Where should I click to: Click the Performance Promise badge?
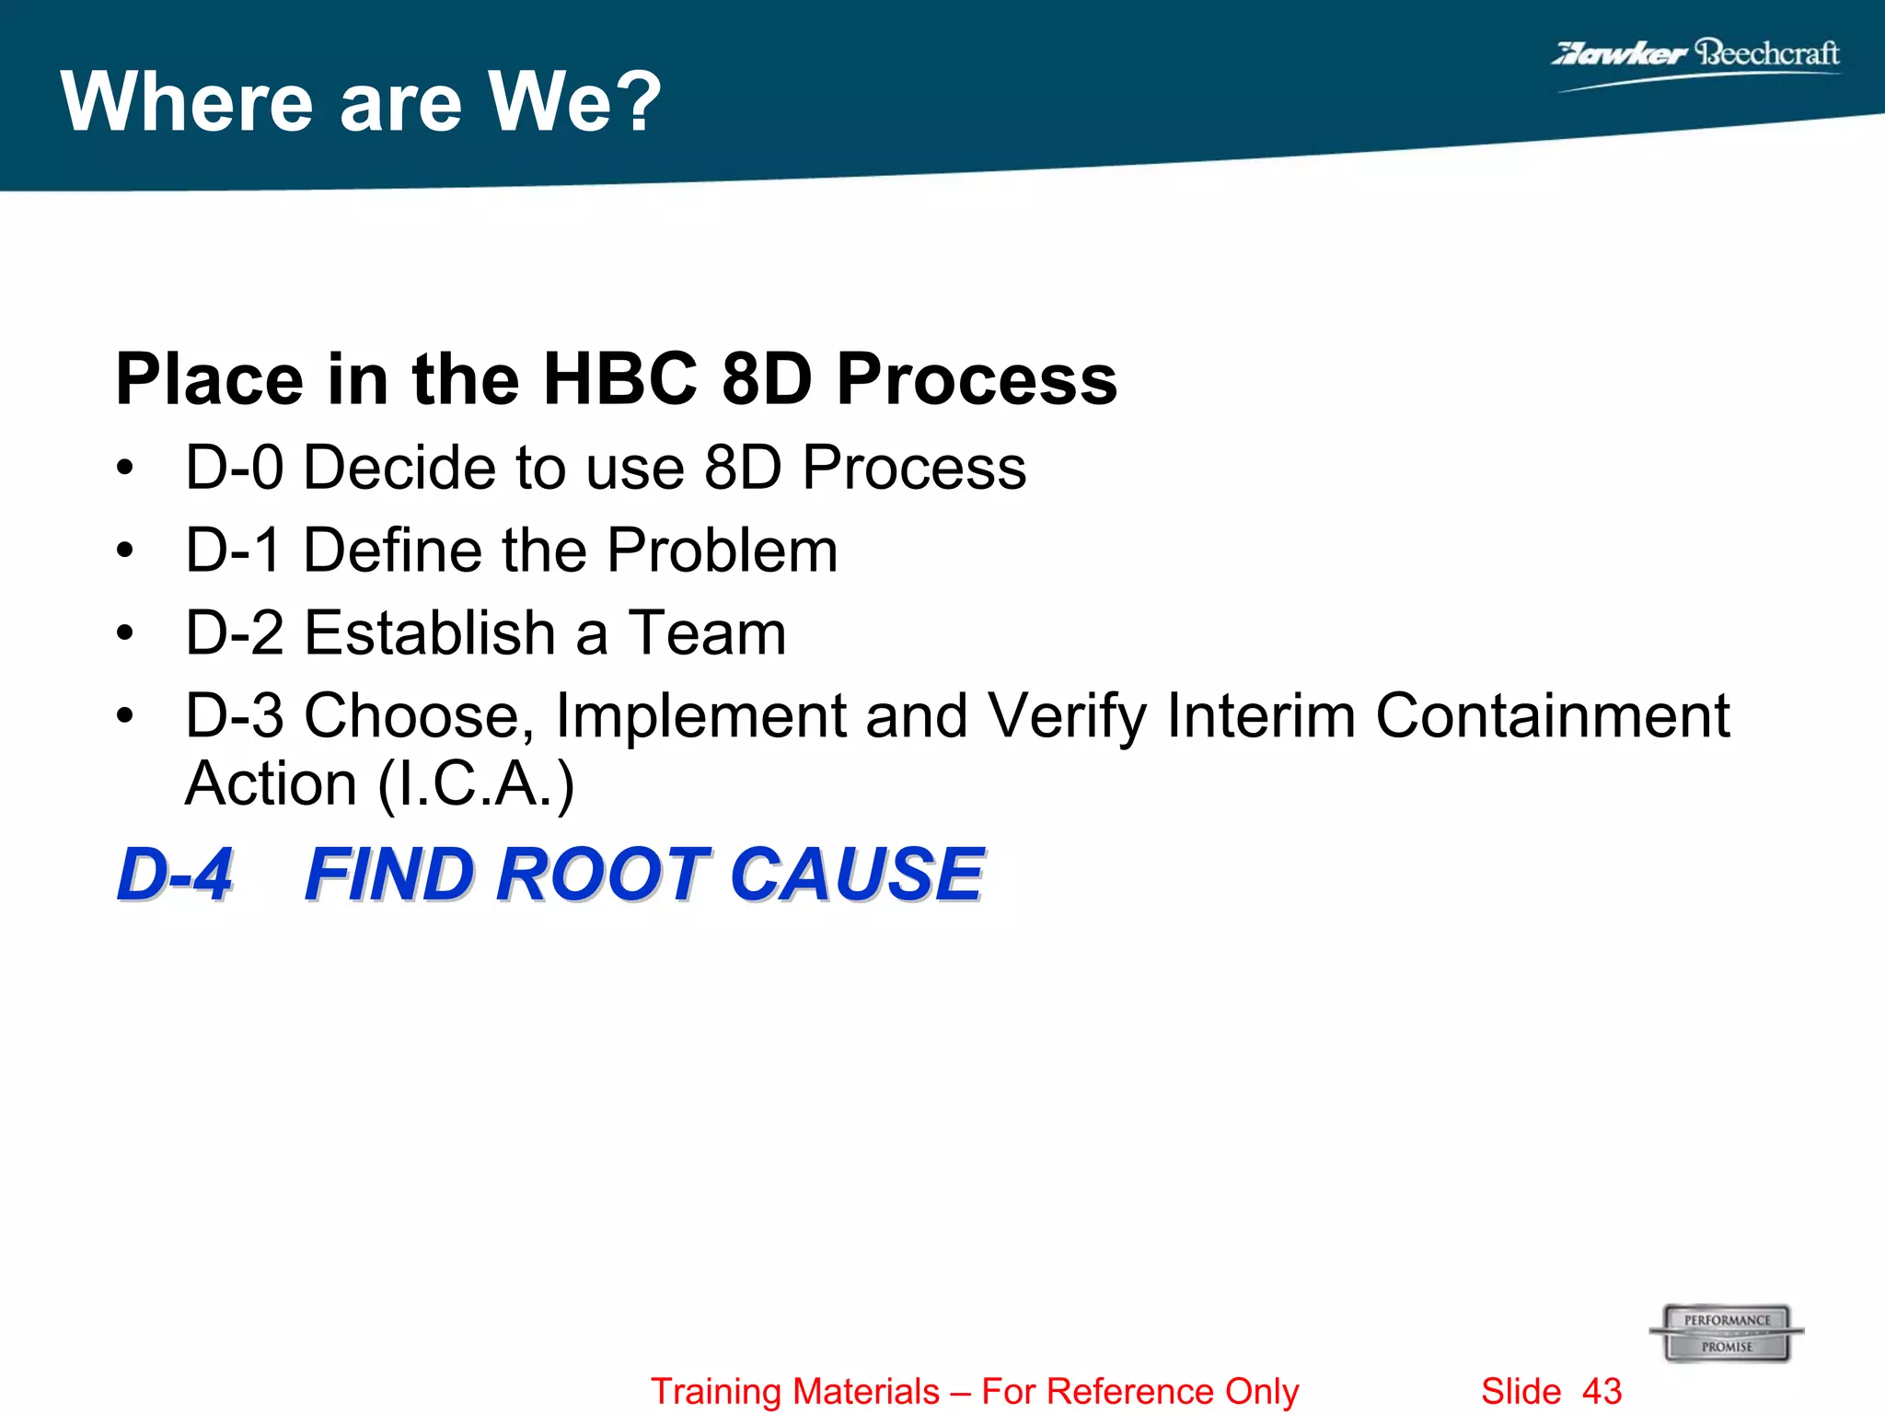[1727, 1332]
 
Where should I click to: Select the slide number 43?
[1602, 1391]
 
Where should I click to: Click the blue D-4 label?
[175, 874]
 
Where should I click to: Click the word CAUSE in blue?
[857, 874]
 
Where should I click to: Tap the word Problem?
[723, 551]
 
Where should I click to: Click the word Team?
[707, 633]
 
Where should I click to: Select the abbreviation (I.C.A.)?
[477, 785]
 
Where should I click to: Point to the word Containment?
[1552, 716]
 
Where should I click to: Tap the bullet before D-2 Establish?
[125, 633]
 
